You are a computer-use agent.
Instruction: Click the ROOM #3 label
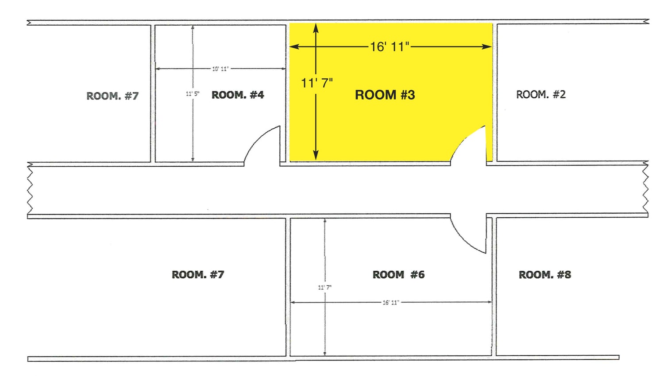(385, 95)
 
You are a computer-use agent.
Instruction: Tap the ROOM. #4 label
(238, 95)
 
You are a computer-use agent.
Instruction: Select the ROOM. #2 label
(541, 95)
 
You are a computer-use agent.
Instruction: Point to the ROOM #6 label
(398, 275)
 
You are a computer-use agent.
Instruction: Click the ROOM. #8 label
(545, 275)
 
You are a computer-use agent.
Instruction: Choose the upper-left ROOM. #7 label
(112, 96)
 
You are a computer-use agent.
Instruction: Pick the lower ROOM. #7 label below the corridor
(198, 275)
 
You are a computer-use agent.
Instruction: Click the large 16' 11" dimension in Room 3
(390, 47)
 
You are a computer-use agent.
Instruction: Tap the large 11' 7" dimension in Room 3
(317, 83)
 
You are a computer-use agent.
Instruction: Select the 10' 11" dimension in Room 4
(220, 69)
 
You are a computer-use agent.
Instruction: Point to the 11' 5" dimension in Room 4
(193, 94)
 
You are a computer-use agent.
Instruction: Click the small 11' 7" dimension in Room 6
(325, 288)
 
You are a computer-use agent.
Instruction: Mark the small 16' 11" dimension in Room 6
(391, 303)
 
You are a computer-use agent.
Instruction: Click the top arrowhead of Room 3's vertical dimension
(316, 28)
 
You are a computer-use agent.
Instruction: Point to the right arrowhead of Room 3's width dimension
(487, 46)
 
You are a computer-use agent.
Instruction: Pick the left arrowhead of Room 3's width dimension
(294, 46)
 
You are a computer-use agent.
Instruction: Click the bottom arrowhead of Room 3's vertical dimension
(316, 155)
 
